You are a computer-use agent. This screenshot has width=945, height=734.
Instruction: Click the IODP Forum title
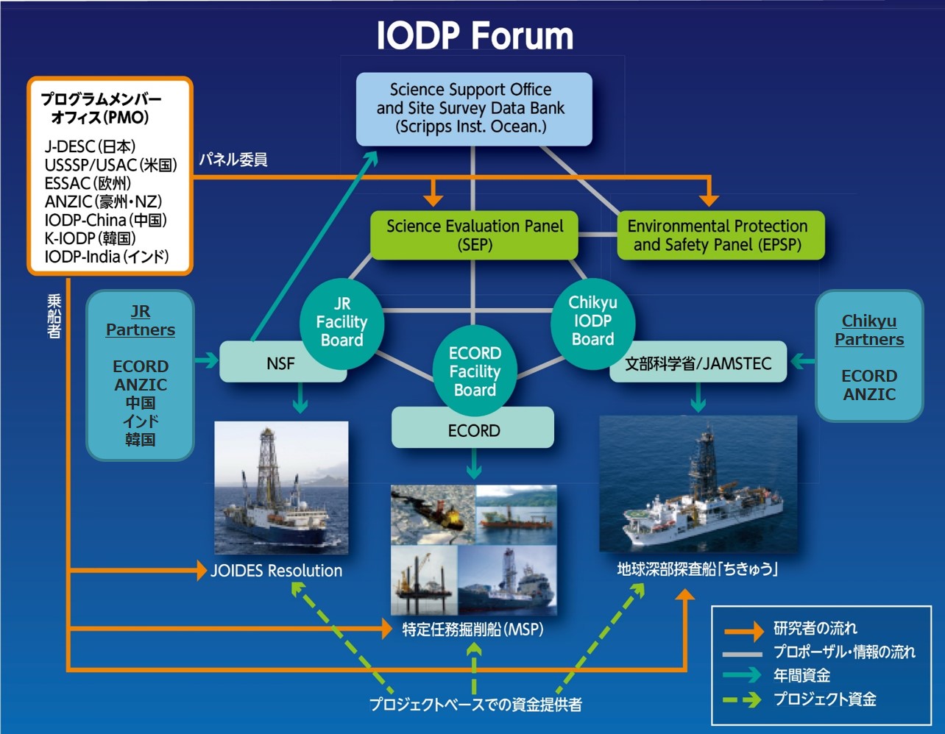pos(475,36)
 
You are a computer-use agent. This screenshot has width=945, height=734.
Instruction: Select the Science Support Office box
pos(473,108)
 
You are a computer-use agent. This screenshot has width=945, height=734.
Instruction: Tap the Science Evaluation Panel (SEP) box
pos(475,235)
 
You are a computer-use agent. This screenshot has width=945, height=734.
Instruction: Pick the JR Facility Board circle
pos(341,322)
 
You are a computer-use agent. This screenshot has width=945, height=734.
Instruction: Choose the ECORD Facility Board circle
pos(475,371)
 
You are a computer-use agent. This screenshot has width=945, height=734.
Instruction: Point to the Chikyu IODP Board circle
pos(592,321)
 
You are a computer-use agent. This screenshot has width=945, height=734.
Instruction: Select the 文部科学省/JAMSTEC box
pos(698,363)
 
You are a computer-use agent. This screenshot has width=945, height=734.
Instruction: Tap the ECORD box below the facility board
pos(473,430)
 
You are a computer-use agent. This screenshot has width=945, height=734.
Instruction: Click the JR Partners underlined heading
pos(140,321)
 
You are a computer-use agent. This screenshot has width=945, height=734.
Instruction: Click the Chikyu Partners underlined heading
pos(869,330)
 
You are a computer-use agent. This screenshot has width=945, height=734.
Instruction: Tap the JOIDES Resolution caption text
pos(276,571)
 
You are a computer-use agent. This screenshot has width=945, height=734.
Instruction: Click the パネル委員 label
pos(233,160)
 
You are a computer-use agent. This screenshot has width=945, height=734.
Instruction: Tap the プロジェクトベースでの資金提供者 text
pos(475,705)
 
